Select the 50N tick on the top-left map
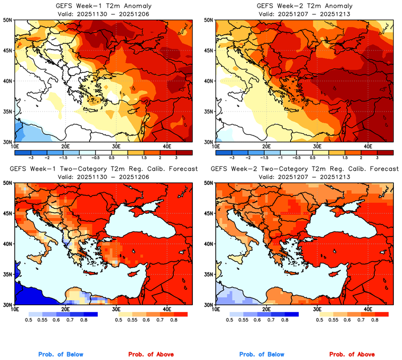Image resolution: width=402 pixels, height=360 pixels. pos(9,20)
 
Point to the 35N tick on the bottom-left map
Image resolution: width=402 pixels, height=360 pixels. pos(9,275)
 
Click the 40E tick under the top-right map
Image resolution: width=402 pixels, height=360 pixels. pos(368,146)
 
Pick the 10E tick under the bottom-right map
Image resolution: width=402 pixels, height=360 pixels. pos(216,309)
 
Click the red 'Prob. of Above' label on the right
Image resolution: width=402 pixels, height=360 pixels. pos(351,355)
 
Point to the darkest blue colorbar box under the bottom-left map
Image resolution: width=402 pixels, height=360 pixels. pos(90,314)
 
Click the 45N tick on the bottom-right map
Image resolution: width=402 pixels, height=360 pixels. pos(209,214)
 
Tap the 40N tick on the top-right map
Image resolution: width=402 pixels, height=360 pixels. pos(209,81)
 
